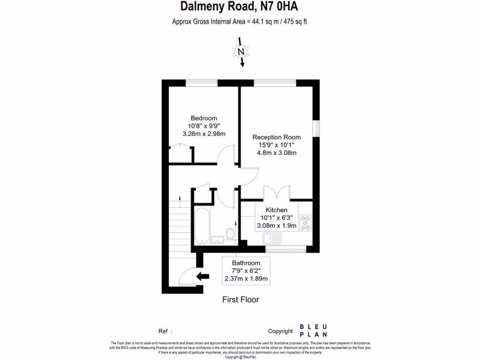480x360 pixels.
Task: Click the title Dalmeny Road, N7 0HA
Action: click(240, 7)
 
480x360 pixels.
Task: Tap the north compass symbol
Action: click(241, 52)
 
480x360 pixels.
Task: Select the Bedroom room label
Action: click(203, 118)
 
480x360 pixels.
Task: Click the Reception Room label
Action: click(277, 137)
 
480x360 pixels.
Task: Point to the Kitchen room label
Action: click(277, 210)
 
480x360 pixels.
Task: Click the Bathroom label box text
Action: click(246, 263)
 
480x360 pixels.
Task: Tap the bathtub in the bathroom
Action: click(201, 226)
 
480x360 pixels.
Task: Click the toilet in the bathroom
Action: click(230, 233)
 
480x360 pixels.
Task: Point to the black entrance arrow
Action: click(202, 276)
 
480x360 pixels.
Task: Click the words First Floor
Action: click(240, 300)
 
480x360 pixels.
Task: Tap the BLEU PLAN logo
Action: click(314, 330)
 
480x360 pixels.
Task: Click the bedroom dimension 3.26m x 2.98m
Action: click(203, 134)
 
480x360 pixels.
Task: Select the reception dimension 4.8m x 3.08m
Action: click(277, 153)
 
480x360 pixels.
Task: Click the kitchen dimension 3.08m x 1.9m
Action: click(277, 225)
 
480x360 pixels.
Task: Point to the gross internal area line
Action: click(240, 21)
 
